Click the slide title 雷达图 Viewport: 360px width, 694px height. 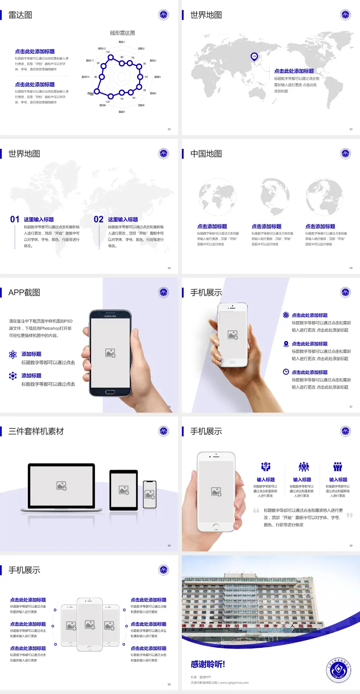[20, 15]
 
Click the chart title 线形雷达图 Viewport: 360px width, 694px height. [122, 33]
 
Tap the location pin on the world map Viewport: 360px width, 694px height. [254, 57]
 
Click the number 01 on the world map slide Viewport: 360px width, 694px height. [15, 219]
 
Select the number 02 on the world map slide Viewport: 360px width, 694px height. [99, 219]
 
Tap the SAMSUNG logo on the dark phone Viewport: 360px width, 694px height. [110, 316]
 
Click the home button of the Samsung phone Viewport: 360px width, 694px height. [110, 392]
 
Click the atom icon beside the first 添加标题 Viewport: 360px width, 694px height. [13, 355]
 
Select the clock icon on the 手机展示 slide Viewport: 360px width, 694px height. [286, 372]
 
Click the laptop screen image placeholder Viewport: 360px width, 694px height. [61, 486]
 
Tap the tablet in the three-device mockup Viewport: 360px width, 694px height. [124, 490]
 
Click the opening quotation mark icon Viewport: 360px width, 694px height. [256, 511]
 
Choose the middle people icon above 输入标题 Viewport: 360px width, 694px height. [303, 467]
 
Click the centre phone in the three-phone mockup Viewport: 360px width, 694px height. [90, 625]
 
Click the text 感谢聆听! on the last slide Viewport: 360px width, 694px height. [208, 664]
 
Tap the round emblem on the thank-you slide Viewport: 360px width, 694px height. [338, 670]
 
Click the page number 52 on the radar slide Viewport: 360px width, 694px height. [169, 129]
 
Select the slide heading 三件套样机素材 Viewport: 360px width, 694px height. [36, 431]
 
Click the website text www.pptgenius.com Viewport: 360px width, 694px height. [234, 683]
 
